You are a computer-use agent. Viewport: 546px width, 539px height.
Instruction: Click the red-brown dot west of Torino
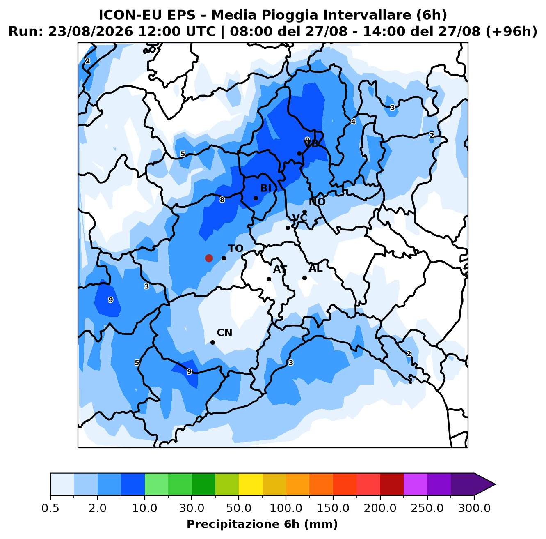[209, 258]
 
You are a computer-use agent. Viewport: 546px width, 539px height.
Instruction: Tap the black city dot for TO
[224, 258]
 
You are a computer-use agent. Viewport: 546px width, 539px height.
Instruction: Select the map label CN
[224, 332]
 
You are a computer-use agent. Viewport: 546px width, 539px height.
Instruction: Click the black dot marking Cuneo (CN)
[212, 342]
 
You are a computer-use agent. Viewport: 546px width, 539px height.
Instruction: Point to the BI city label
[265, 188]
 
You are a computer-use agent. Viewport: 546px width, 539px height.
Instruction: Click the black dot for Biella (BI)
[256, 198]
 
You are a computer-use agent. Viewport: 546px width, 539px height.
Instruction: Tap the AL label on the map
[315, 268]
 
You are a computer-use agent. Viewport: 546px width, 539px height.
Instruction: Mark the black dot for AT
[269, 279]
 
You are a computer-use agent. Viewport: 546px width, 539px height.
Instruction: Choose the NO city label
[317, 202]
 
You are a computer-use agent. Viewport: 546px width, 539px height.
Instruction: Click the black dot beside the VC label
[288, 228]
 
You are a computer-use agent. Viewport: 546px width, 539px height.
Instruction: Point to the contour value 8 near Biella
[222, 200]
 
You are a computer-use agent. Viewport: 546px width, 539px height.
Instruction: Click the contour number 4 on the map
[353, 122]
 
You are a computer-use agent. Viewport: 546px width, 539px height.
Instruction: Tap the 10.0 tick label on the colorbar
[144, 508]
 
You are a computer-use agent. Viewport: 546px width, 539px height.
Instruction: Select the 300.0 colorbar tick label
[474, 508]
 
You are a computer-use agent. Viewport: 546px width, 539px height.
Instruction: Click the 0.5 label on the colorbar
[50, 508]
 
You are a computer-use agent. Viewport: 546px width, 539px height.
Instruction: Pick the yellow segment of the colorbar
[251, 484]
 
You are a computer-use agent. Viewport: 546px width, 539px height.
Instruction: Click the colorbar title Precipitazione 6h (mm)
[262, 524]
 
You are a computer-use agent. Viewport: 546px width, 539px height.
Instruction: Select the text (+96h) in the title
[511, 31]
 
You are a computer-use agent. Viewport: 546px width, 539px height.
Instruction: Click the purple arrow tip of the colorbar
[495, 484]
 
